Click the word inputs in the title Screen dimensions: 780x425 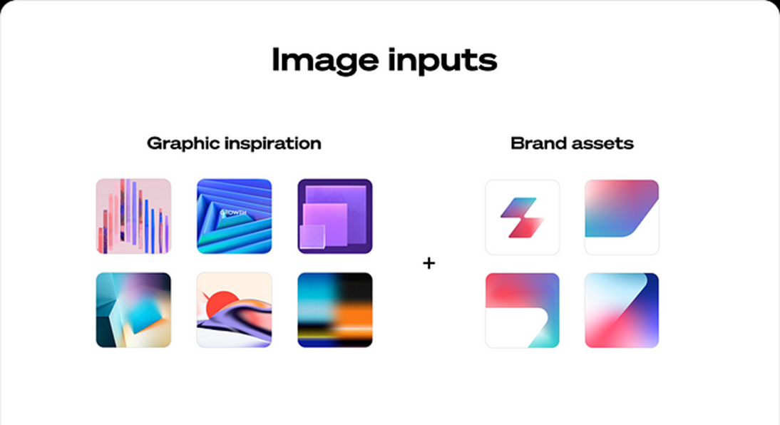click(442, 61)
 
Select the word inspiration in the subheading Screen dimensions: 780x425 click(272, 143)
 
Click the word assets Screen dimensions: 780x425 click(602, 144)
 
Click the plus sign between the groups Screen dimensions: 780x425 click(429, 262)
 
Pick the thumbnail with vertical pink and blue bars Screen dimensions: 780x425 click(133, 217)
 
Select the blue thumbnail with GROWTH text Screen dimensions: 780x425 click(235, 217)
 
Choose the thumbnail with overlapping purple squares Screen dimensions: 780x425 click(335, 217)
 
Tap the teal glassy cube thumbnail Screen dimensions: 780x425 click(133, 310)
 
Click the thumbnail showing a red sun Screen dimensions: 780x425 click(235, 310)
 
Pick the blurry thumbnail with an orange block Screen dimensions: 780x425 click(335, 310)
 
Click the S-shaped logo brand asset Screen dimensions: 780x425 click(523, 217)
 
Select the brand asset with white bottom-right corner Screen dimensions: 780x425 click(622, 217)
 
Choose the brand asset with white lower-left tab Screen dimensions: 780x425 click(523, 310)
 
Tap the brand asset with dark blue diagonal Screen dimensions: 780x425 click(622, 310)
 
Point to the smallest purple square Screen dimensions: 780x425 click(312, 236)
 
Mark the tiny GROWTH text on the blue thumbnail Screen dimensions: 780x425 click(233, 212)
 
